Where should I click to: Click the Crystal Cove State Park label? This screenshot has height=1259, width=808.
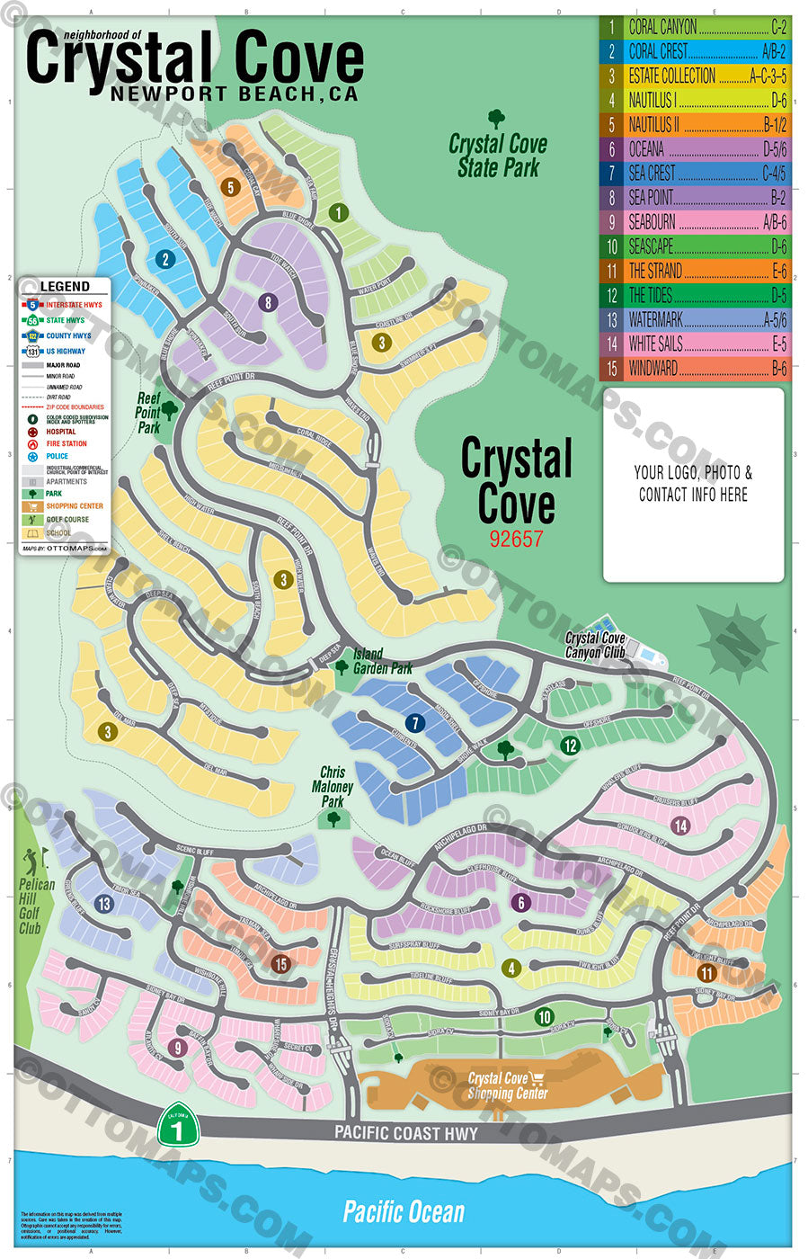[497, 155]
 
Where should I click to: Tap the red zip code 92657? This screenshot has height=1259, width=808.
[516, 538]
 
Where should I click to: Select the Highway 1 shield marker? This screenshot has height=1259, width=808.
[177, 1126]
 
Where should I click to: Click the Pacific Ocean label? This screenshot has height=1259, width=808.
[404, 1211]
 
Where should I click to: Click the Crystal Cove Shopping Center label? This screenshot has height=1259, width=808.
[507, 1085]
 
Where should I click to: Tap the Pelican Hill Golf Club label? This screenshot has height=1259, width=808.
[35, 905]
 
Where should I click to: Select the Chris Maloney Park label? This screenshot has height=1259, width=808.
[333, 787]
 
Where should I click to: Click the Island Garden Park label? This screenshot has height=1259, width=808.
[382, 661]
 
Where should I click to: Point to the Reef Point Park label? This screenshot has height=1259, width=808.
[148, 413]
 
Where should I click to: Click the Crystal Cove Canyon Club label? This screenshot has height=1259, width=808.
[595, 645]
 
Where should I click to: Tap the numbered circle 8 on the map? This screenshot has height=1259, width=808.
[267, 303]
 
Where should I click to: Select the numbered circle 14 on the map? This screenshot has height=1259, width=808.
[680, 826]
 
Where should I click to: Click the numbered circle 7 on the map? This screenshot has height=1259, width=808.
[414, 723]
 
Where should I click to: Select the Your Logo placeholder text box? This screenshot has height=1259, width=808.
[693, 484]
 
